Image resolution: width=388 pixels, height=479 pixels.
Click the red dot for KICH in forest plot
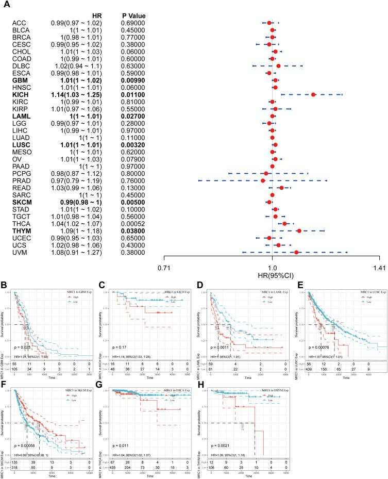[x=313, y=95]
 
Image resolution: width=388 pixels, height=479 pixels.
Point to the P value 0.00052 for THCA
[x=133, y=224]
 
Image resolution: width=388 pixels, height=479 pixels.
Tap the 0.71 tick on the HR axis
[x=164, y=269]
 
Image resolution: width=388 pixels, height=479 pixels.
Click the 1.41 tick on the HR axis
[x=379, y=269]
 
